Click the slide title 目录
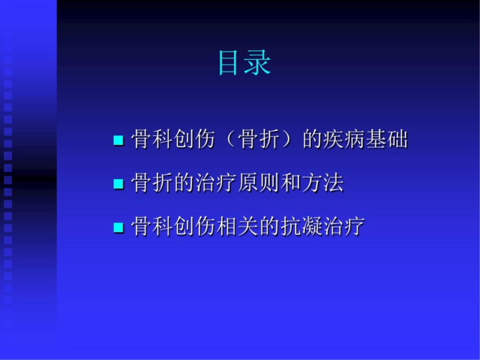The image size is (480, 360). [245, 64]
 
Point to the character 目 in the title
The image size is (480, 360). [230, 64]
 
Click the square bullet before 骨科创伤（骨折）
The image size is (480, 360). [118, 140]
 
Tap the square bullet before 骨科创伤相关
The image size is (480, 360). [118, 227]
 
